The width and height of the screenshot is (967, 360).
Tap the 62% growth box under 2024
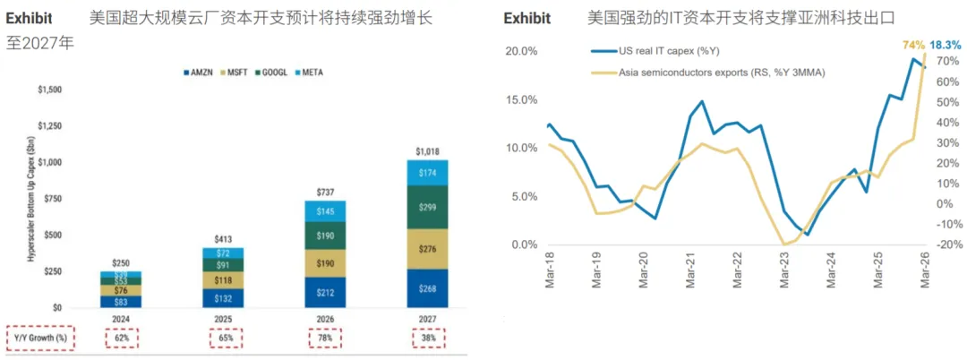point(121,338)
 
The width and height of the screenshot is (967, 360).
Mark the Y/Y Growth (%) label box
point(40,338)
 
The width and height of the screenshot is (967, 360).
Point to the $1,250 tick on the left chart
point(50,126)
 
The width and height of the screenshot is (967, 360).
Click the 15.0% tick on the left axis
point(522,100)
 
